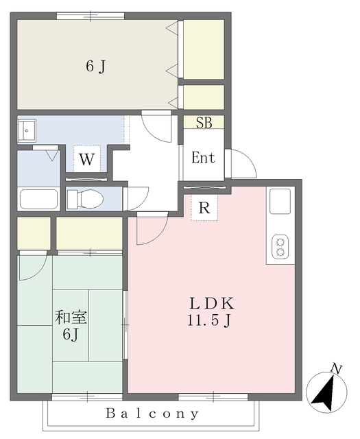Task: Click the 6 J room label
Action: coord(95,67)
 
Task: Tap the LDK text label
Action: coord(213,303)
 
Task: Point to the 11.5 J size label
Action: coord(213,320)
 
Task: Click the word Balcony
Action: coord(153,414)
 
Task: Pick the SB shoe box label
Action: coord(204,123)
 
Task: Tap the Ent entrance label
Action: coord(203,158)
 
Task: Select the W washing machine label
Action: coord(86,161)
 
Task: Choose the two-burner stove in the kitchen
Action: coord(280,247)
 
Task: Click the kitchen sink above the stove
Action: coord(280,201)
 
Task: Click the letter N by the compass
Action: coord(336,369)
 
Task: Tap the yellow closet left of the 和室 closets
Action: coord(34,234)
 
